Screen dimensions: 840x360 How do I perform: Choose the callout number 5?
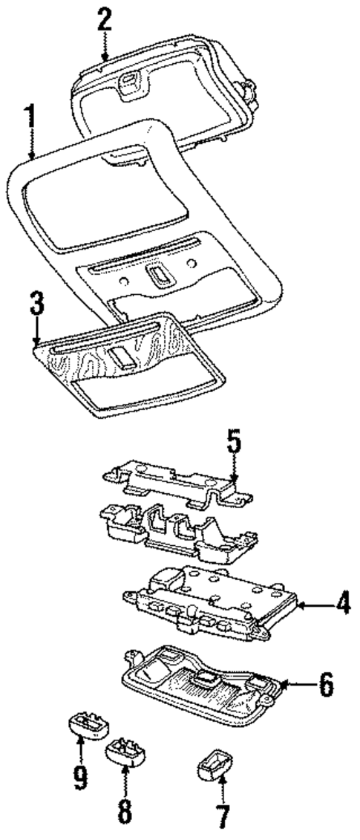[234, 446]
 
